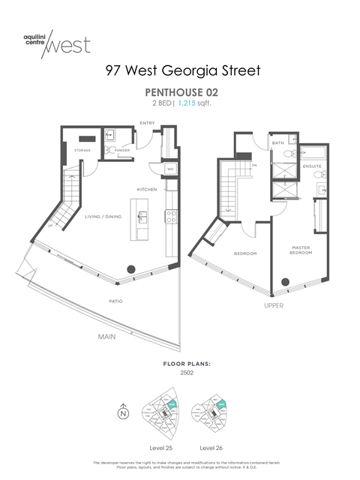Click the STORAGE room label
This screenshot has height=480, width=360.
[x=82, y=150]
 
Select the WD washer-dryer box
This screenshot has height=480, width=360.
[x=171, y=169]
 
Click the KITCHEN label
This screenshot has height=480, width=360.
[x=147, y=190]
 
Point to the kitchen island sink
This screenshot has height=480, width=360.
[x=140, y=219]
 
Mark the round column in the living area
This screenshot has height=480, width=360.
[x=131, y=268]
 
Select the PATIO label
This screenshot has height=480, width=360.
[x=115, y=301]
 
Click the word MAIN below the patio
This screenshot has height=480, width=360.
[x=107, y=337]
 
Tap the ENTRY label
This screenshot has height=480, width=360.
[x=148, y=123]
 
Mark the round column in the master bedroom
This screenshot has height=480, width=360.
[x=283, y=283]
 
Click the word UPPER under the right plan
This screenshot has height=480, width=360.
[x=273, y=306]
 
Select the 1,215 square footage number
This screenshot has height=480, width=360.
[x=186, y=103]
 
